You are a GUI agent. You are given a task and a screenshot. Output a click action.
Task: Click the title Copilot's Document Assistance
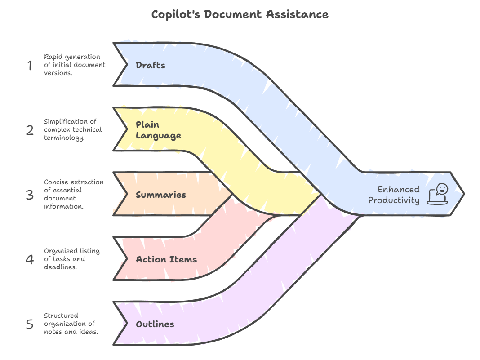[x=240, y=14]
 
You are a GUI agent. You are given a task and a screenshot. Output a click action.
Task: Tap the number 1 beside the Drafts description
[x=30, y=66]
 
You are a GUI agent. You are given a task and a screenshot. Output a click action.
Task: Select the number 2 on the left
[x=30, y=130]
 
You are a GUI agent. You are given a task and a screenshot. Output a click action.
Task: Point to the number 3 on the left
[x=30, y=195]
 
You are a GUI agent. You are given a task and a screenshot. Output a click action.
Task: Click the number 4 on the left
[x=30, y=259]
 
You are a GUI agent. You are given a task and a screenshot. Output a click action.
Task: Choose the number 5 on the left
[x=30, y=324]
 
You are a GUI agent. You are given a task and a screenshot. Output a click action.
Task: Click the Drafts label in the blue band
[x=151, y=65]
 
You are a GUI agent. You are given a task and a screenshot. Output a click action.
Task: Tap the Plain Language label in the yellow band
[x=158, y=130]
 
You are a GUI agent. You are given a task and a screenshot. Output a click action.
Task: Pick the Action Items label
[x=166, y=259]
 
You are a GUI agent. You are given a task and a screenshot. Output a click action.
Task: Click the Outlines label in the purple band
[x=155, y=324]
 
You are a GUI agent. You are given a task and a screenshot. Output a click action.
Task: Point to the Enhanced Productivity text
[x=394, y=195]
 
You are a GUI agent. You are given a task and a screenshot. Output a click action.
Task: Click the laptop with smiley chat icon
[x=438, y=194]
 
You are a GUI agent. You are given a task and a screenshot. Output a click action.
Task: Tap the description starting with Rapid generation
[x=75, y=65]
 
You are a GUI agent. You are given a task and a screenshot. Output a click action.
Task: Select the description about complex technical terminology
[x=73, y=129]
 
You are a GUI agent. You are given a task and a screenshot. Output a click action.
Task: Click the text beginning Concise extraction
[x=74, y=194]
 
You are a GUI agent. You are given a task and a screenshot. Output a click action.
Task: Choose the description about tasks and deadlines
[x=72, y=259]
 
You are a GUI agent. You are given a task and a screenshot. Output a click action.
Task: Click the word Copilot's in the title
[x=175, y=14]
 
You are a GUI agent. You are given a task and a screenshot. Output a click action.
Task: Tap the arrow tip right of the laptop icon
[x=462, y=194]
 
